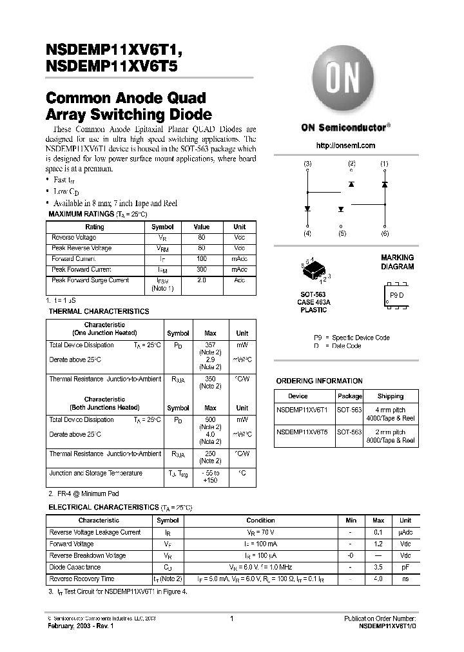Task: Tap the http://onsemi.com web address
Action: pyautogui.click(x=346, y=146)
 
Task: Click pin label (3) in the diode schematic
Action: pyautogui.click(x=307, y=164)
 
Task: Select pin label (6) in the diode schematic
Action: pyautogui.click(x=385, y=233)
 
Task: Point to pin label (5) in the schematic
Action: pyautogui.click(x=342, y=233)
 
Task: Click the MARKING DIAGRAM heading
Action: pyautogui.click(x=397, y=262)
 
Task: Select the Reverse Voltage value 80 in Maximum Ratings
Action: pyautogui.click(x=202, y=238)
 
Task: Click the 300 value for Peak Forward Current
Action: pyautogui.click(x=202, y=269)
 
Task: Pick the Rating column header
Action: pyautogui.click(x=95, y=227)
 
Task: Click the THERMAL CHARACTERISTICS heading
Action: pyautogui.click(x=99, y=311)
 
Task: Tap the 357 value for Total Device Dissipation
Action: pyautogui.click(x=210, y=345)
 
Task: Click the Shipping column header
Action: pyautogui.click(x=391, y=396)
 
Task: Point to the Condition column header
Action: pyautogui.click(x=260, y=520)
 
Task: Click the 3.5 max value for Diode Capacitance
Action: pyautogui.click(x=378, y=567)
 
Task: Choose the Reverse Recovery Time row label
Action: pyautogui.click(x=82, y=579)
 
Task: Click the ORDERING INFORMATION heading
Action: pyautogui.click(x=319, y=381)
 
